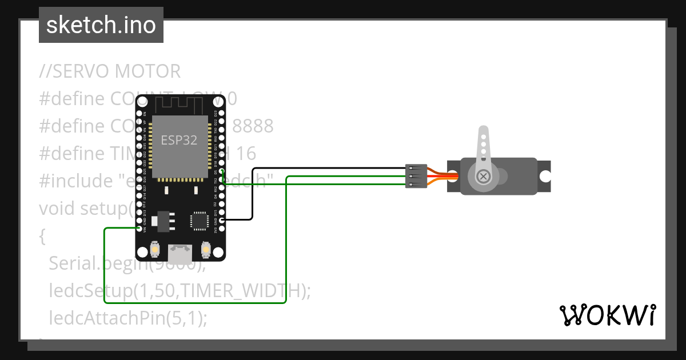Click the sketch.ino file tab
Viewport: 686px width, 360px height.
101,25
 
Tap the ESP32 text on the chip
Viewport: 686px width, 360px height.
179,140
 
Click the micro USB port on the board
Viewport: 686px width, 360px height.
181,252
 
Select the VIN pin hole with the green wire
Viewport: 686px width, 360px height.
139,229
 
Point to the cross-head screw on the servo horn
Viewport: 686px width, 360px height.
484,176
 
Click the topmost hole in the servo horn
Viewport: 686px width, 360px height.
484,137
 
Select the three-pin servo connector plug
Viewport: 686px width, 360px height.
416,176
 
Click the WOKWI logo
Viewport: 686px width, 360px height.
607,315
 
